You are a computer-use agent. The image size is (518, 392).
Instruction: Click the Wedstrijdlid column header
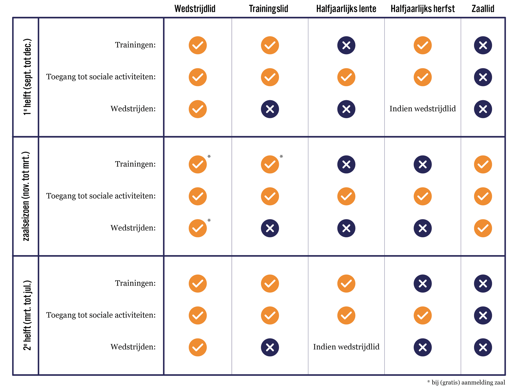tap(195, 9)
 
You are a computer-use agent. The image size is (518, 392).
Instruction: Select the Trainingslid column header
tap(268, 9)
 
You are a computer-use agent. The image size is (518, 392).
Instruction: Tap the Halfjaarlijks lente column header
tap(346, 9)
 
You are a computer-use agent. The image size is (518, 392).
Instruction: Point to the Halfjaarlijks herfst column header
tap(422, 9)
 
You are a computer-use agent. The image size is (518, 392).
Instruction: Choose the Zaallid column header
tap(483, 9)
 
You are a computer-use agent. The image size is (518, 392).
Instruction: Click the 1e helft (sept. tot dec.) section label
tap(27, 77)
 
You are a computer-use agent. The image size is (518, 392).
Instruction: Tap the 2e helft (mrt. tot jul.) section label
tap(27, 315)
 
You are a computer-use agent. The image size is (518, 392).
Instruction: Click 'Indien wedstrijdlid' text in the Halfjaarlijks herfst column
tap(422, 109)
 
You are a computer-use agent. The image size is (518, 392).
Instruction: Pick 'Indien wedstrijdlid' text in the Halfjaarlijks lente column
tap(346, 347)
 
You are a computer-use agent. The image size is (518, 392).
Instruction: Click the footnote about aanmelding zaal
tap(466, 383)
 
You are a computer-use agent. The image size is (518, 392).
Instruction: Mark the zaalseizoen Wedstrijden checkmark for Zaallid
tap(483, 228)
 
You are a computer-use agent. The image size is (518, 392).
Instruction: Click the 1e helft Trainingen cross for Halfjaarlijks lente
tap(346, 45)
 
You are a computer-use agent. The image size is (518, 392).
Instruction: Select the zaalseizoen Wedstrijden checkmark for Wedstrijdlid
tap(198, 228)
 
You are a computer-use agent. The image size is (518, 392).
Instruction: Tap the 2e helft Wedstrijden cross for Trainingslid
tap(270, 347)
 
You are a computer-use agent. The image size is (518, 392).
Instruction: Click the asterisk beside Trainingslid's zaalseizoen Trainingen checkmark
tap(281, 157)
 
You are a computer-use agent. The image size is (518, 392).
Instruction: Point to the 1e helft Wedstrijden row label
tap(133, 109)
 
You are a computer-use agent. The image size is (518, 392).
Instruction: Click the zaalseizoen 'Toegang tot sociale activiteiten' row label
tap(101, 196)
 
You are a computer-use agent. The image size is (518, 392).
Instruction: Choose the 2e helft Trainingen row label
tap(135, 283)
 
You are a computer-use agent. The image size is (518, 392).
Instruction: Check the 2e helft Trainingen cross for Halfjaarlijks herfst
tap(422, 283)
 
